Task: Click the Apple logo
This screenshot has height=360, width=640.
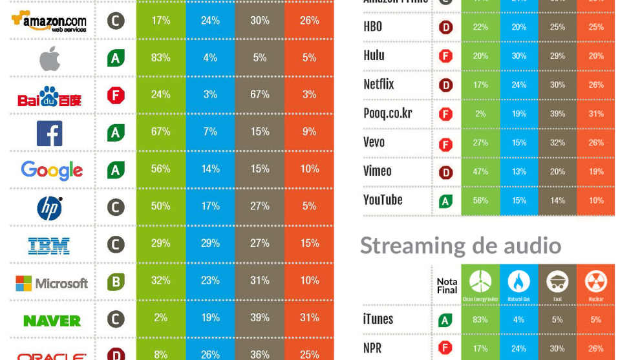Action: click(x=50, y=59)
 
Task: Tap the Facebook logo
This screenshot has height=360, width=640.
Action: click(x=50, y=133)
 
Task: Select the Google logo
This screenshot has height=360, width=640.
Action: click(x=52, y=170)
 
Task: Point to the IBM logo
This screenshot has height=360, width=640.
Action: click(x=49, y=246)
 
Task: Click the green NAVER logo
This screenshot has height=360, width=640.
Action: click(x=52, y=321)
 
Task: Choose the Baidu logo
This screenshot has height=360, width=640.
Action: click(x=49, y=97)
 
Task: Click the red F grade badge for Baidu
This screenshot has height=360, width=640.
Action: click(x=116, y=96)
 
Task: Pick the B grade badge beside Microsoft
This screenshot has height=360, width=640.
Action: click(x=116, y=282)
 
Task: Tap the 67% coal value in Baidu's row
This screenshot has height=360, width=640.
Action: click(x=260, y=94)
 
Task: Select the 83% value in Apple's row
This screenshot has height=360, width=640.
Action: click(x=160, y=58)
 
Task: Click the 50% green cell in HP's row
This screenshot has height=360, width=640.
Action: click(x=160, y=206)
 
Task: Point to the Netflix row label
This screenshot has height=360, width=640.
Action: click(x=379, y=85)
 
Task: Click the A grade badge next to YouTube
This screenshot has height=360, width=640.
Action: click(x=445, y=202)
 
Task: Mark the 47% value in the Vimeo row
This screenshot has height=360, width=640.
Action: click(x=480, y=171)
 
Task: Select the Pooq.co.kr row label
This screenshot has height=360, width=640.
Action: click(x=388, y=114)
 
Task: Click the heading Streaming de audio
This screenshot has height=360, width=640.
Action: click(x=460, y=246)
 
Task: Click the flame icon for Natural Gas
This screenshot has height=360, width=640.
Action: click(x=518, y=281)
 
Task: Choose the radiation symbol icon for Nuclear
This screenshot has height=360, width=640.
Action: click(x=595, y=281)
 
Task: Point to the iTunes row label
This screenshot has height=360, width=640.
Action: click(x=378, y=319)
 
